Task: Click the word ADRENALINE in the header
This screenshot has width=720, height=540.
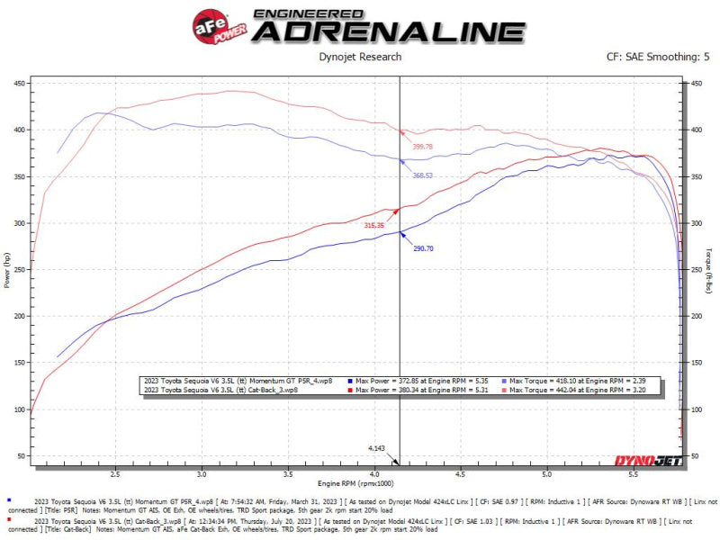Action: tap(387, 31)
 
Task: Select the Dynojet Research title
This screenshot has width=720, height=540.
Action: tap(360, 57)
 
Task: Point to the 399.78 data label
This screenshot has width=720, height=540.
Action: tap(422, 146)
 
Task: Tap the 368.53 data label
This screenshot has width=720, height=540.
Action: tap(423, 175)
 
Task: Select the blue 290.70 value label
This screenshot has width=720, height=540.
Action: tap(423, 247)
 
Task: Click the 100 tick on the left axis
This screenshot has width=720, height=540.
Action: tap(19, 409)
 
